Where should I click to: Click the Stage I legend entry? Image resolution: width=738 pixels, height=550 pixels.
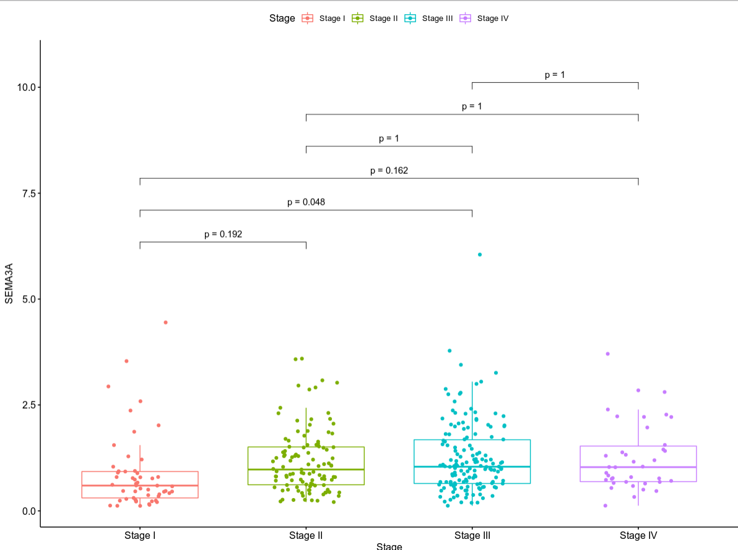click(323, 19)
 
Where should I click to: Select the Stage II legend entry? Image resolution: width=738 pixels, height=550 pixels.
click(375, 19)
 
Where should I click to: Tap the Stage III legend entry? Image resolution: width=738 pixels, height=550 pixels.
click(428, 19)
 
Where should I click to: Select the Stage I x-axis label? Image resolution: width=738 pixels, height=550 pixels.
click(140, 535)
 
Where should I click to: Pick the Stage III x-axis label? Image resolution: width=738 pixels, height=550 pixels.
click(472, 535)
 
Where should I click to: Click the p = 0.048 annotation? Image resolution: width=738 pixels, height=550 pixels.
click(306, 202)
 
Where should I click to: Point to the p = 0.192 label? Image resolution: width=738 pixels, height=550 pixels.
click(223, 234)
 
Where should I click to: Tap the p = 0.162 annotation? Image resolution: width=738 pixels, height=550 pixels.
click(389, 170)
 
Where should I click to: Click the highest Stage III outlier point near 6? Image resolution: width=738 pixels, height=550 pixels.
click(479, 254)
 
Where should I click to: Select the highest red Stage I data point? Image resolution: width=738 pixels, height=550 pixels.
click(165, 322)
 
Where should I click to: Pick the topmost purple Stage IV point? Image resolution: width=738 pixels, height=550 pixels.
click(608, 354)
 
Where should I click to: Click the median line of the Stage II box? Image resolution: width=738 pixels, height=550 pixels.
click(306, 470)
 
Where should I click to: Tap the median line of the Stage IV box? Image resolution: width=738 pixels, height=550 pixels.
click(638, 467)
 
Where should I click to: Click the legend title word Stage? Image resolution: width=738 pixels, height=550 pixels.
click(282, 19)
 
